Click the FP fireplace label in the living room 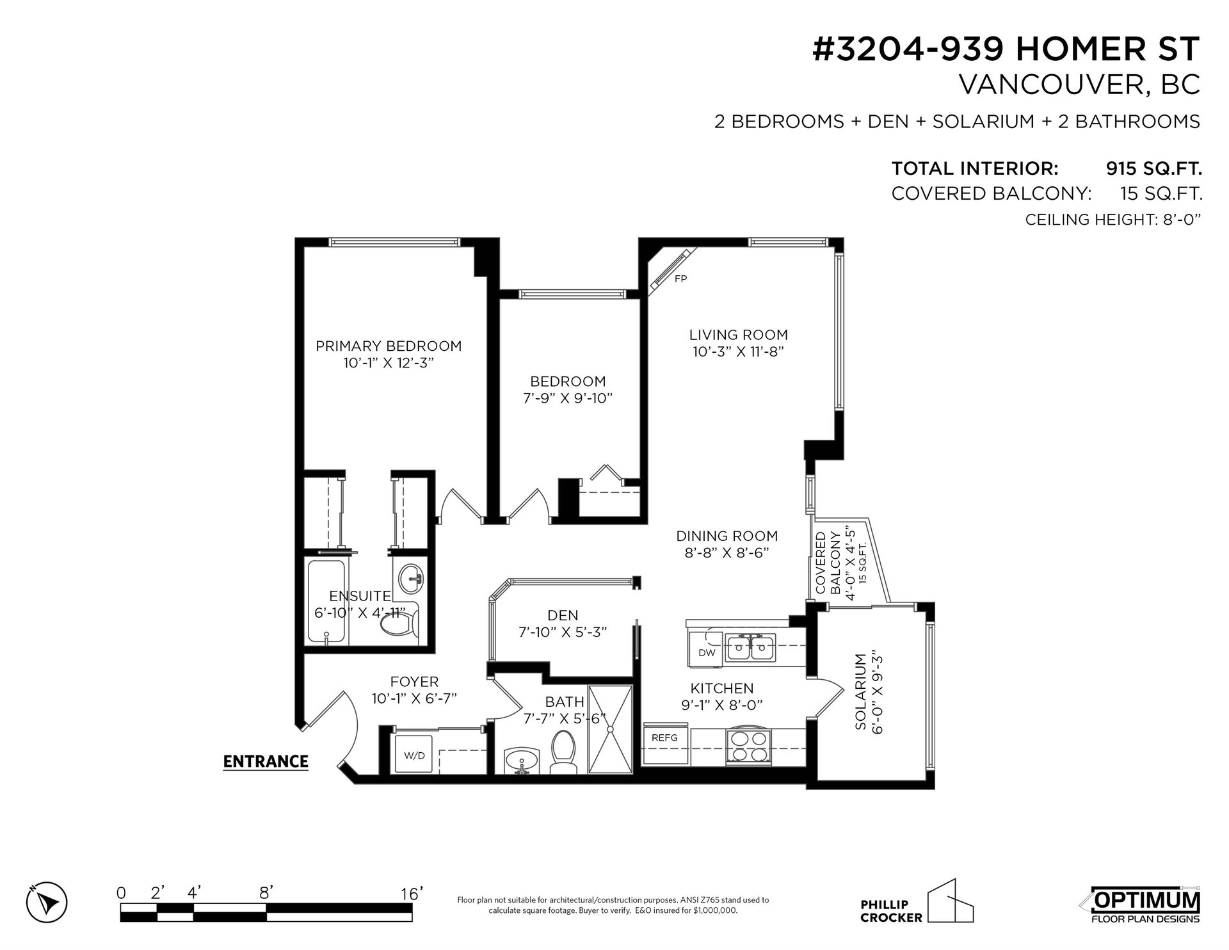point(680,279)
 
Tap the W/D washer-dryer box point(414,755)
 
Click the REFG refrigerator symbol point(665,744)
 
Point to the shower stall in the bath point(610,729)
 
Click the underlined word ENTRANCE point(266,762)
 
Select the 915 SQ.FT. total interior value point(1153,169)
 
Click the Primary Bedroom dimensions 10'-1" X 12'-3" point(389,363)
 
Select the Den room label point(563,615)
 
